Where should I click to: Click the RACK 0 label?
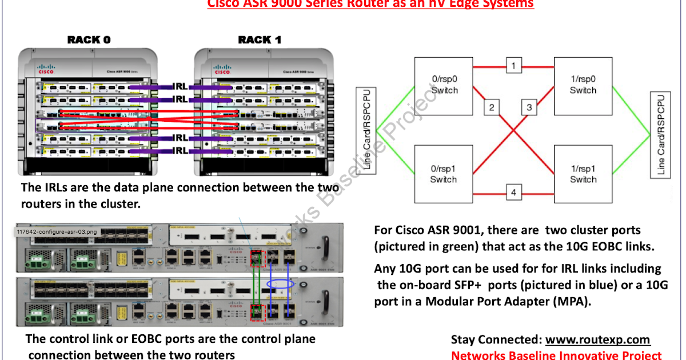89,39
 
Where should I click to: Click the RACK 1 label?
259,39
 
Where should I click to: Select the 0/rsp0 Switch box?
444,85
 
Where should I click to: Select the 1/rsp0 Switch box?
583,85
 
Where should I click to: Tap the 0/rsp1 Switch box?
444,174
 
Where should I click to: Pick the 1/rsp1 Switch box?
583,174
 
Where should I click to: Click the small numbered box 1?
513,66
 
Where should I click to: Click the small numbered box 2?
492,107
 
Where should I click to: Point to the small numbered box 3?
529,107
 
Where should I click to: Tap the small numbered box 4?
513,193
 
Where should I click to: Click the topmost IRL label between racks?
180,87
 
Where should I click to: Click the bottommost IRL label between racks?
180,150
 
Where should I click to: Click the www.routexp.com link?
597,340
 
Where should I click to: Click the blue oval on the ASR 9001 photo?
284,284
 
